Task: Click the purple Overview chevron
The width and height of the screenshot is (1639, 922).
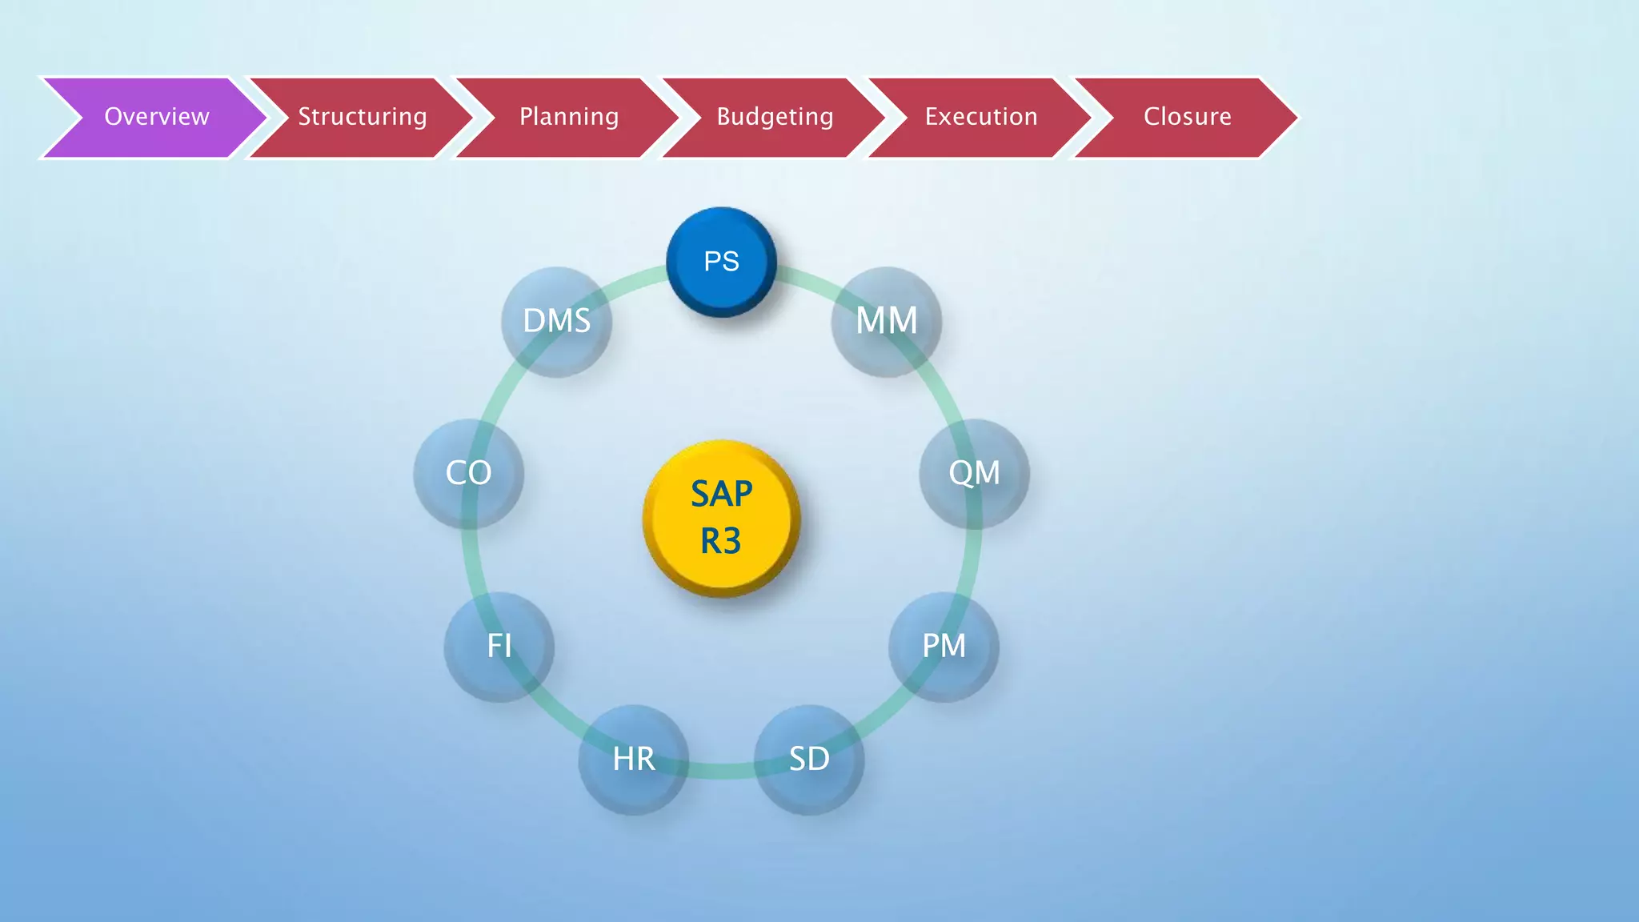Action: pos(156,117)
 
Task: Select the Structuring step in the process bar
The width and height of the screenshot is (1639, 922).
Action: pos(362,117)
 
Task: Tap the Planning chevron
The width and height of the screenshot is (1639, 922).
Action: pos(568,117)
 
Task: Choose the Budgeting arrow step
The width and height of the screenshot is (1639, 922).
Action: pos(775,117)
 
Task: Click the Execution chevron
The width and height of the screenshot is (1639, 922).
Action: pos(980,117)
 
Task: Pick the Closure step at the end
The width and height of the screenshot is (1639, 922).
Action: pos(1187,117)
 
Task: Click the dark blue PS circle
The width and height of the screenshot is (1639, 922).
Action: pos(721,262)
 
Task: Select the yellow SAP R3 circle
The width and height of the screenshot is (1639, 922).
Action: pos(721,518)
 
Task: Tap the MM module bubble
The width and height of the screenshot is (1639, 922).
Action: pos(886,321)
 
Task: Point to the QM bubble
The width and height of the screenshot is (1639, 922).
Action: pos(974,473)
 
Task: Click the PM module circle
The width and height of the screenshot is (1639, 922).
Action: pos(944,646)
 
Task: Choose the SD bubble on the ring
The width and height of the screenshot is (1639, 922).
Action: pos(808,759)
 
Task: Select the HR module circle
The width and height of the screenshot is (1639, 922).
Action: pos(633,759)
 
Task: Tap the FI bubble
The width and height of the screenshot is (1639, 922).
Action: pos(499,646)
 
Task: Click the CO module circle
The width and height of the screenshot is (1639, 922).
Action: pos(468,473)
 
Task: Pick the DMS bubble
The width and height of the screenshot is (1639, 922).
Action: pos(556,321)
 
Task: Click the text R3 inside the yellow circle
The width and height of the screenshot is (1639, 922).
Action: pos(721,542)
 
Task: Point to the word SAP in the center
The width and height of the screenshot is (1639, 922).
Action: pos(721,494)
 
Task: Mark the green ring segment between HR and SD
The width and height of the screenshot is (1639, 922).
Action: pos(721,772)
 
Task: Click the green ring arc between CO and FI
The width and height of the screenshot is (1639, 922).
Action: pos(472,560)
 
